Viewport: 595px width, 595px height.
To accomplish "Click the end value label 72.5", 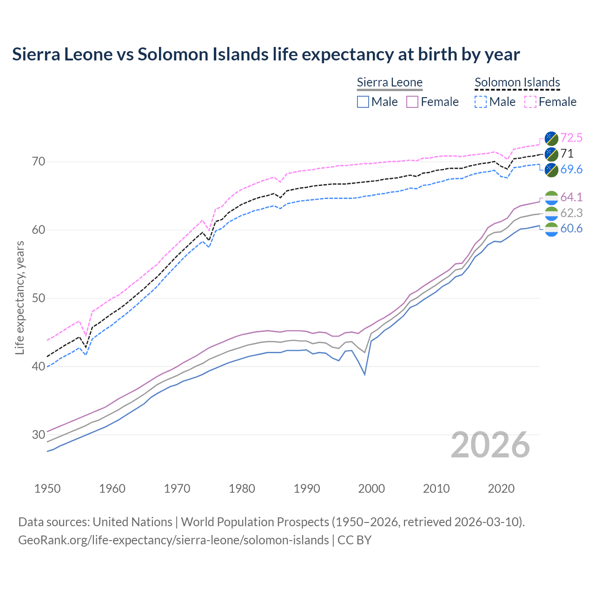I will pos(571,138).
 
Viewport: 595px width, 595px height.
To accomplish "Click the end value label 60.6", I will pos(571,229).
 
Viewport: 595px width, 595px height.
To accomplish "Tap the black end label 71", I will pos(567,154).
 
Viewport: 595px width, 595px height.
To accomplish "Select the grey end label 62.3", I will pos(571,213).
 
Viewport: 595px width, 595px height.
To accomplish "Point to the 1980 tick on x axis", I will pos(242,489).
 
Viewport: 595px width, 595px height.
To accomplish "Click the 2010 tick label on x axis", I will pos(436,489).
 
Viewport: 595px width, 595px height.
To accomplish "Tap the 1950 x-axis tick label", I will pos(47,489).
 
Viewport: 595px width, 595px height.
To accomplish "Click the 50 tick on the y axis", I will pos(39,298).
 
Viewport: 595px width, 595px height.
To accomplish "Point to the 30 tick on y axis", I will pos(39,435).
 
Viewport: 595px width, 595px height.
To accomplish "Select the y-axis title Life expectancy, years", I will pos(20,297).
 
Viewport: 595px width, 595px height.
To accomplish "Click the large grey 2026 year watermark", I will pos(490,445).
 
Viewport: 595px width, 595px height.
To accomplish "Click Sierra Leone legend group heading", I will pos(390,83).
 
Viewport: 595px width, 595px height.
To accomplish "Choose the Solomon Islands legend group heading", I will pos(517,83).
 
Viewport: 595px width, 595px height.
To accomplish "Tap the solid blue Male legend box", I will pos(363,102).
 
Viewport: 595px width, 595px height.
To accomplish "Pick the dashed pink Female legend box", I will pos(530,102).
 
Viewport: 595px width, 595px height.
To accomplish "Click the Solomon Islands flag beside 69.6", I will pos(551,170).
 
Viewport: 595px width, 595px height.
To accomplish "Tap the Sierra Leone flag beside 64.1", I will pos(551,198).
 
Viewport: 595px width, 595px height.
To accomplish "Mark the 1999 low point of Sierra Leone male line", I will pos(365,375).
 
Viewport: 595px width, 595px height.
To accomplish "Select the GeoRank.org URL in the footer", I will pos(173,540).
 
